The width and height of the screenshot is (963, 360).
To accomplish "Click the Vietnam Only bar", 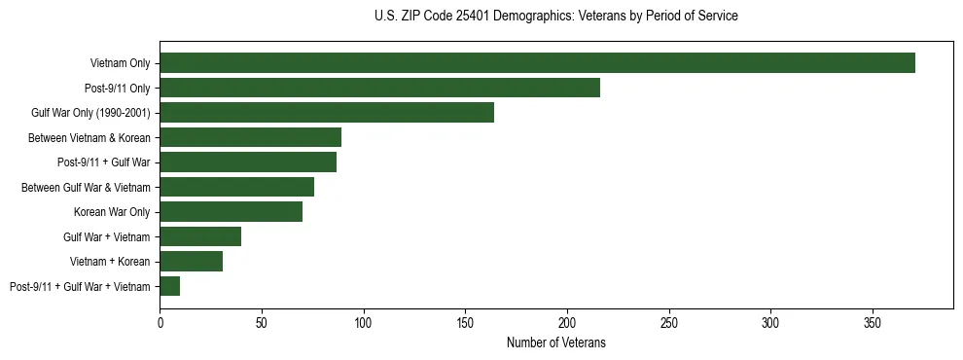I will point(537,63).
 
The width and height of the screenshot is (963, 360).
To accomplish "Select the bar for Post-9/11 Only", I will point(379,88).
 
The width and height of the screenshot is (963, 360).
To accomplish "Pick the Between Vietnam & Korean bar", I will point(250,137).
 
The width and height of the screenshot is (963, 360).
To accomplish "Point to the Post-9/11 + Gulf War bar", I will point(248,162).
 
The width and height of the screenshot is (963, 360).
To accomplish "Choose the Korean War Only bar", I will point(231,212).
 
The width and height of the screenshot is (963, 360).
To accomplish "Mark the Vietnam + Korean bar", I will point(191,262).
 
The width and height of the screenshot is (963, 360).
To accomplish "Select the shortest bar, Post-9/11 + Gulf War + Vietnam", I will point(169,286).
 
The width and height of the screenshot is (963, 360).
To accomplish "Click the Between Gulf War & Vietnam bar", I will point(236,187).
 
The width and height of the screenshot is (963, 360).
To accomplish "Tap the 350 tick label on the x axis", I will point(873,322).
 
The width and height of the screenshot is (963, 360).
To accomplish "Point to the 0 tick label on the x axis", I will point(160,322).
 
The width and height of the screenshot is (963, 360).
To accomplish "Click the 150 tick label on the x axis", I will point(465,322).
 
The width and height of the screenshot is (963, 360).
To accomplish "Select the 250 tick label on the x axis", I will point(669,322).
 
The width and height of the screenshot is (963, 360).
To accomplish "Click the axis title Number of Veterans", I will point(555,342).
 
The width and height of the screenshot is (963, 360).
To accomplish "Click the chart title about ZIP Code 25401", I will point(555,17).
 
